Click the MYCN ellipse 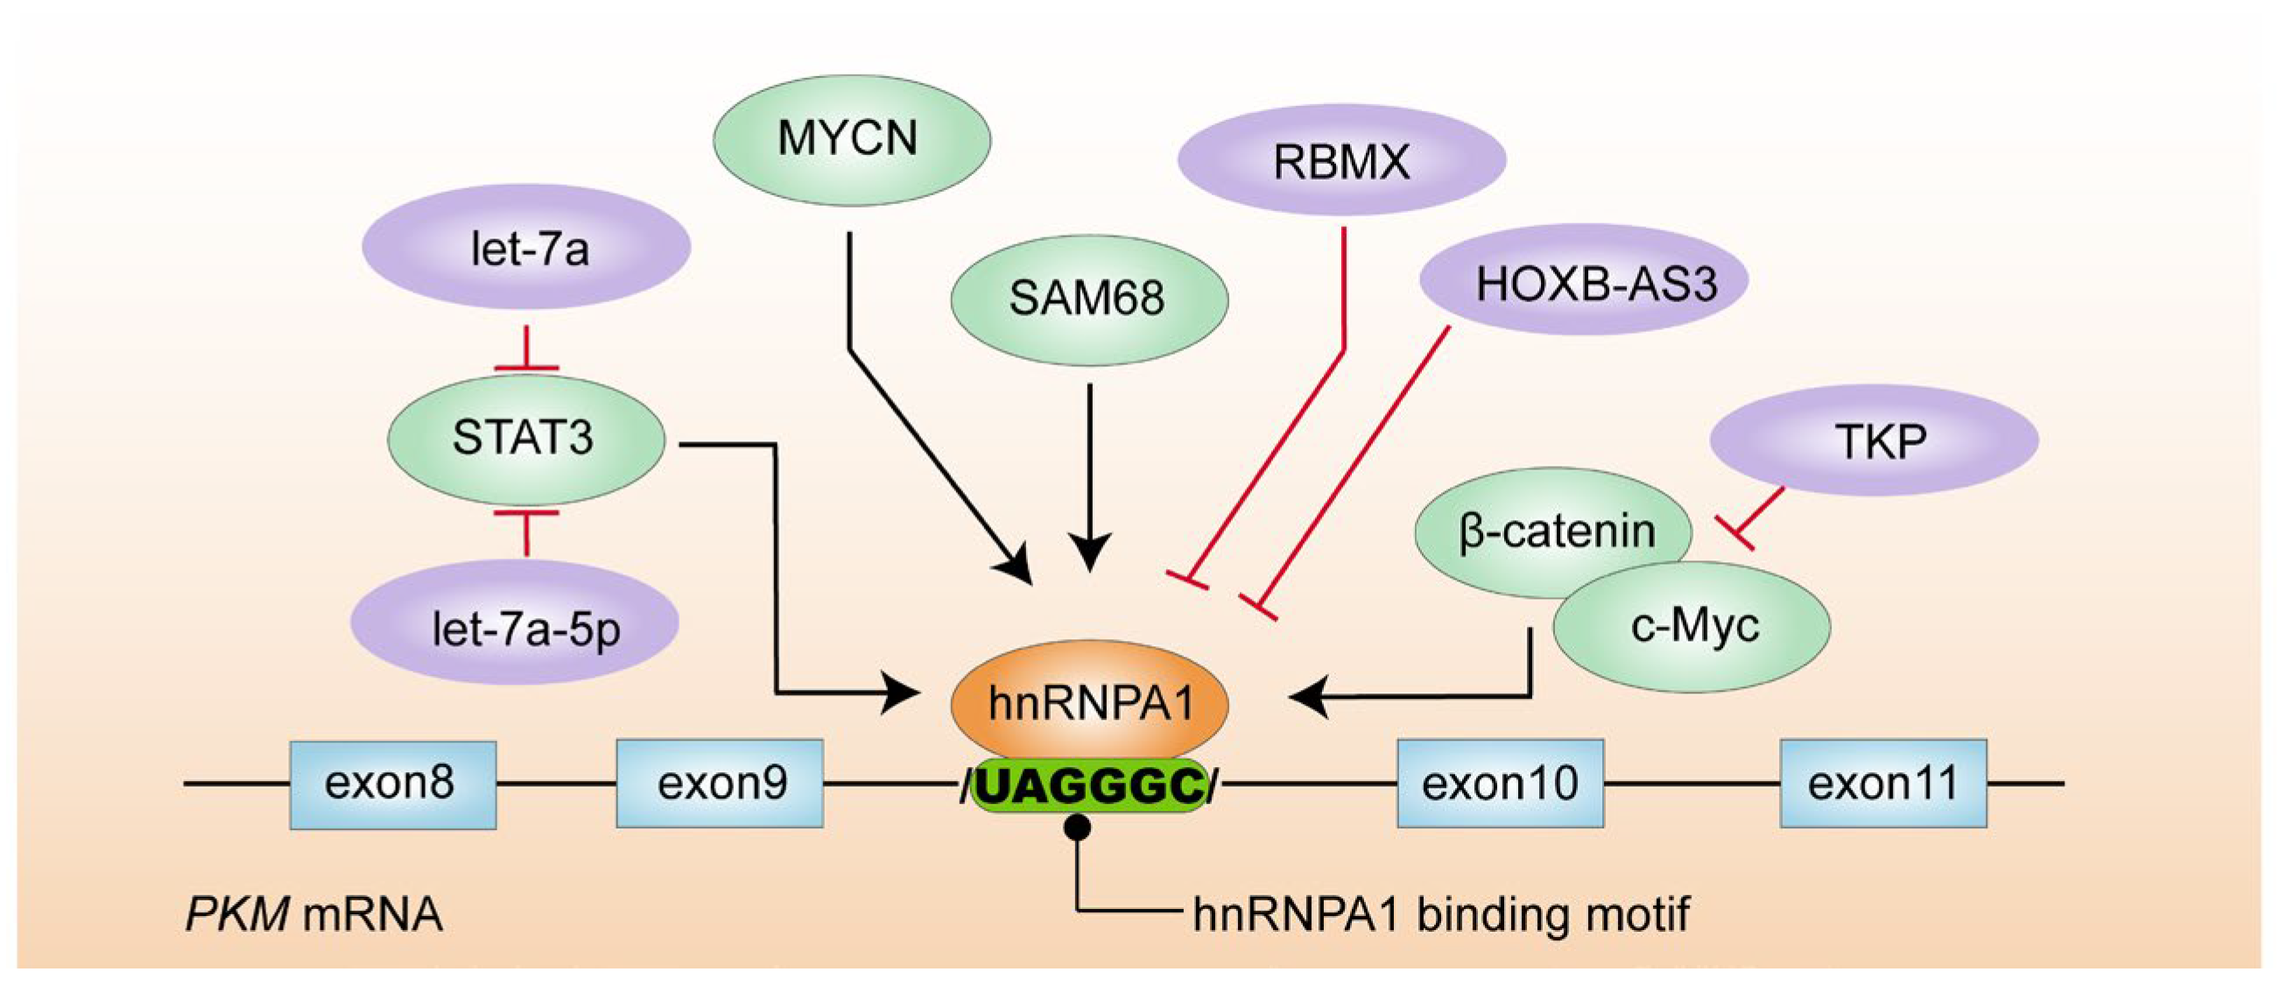(x=851, y=140)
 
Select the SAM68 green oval (x=1089, y=299)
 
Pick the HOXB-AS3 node (x=1584, y=282)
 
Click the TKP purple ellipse (x=1874, y=441)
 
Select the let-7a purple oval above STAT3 (x=527, y=249)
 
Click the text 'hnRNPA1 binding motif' (x=1441, y=914)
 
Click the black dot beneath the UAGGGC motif (x=1077, y=828)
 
